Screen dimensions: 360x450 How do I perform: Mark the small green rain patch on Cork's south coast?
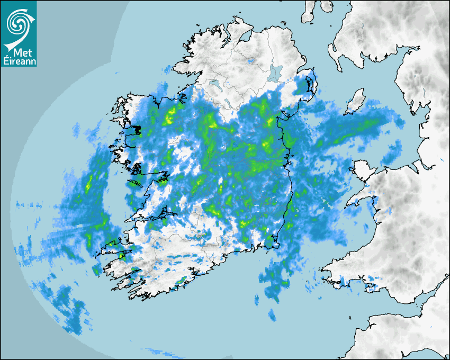click(x=182, y=281)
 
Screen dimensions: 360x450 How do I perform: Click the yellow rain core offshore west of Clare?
click(x=88, y=183)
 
